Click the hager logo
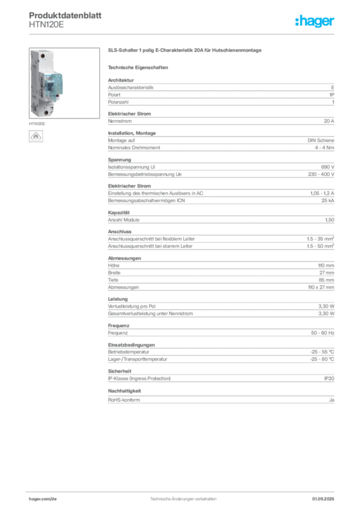coord(315,21)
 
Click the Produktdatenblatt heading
coord(65,15)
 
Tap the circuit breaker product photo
coord(64,83)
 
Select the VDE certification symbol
coord(36,136)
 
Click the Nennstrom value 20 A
coord(329,121)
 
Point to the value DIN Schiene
coord(321,140)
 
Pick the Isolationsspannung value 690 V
coord(328,167)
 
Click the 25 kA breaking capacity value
coord(328,201)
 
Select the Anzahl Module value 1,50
coord(330,220)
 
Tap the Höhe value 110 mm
coord(326,265)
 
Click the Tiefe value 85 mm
coord(326,280)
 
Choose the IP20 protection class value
coord(329,378)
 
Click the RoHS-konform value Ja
coord(332,400)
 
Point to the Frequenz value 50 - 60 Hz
coord(323,333)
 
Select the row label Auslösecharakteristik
coord(131,87)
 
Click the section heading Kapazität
coord(119,213)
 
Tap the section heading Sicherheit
coord(120,371)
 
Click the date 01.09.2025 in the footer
coord(323,499)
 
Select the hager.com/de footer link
coord(43,499)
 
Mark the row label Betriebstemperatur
coord(129,352)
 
